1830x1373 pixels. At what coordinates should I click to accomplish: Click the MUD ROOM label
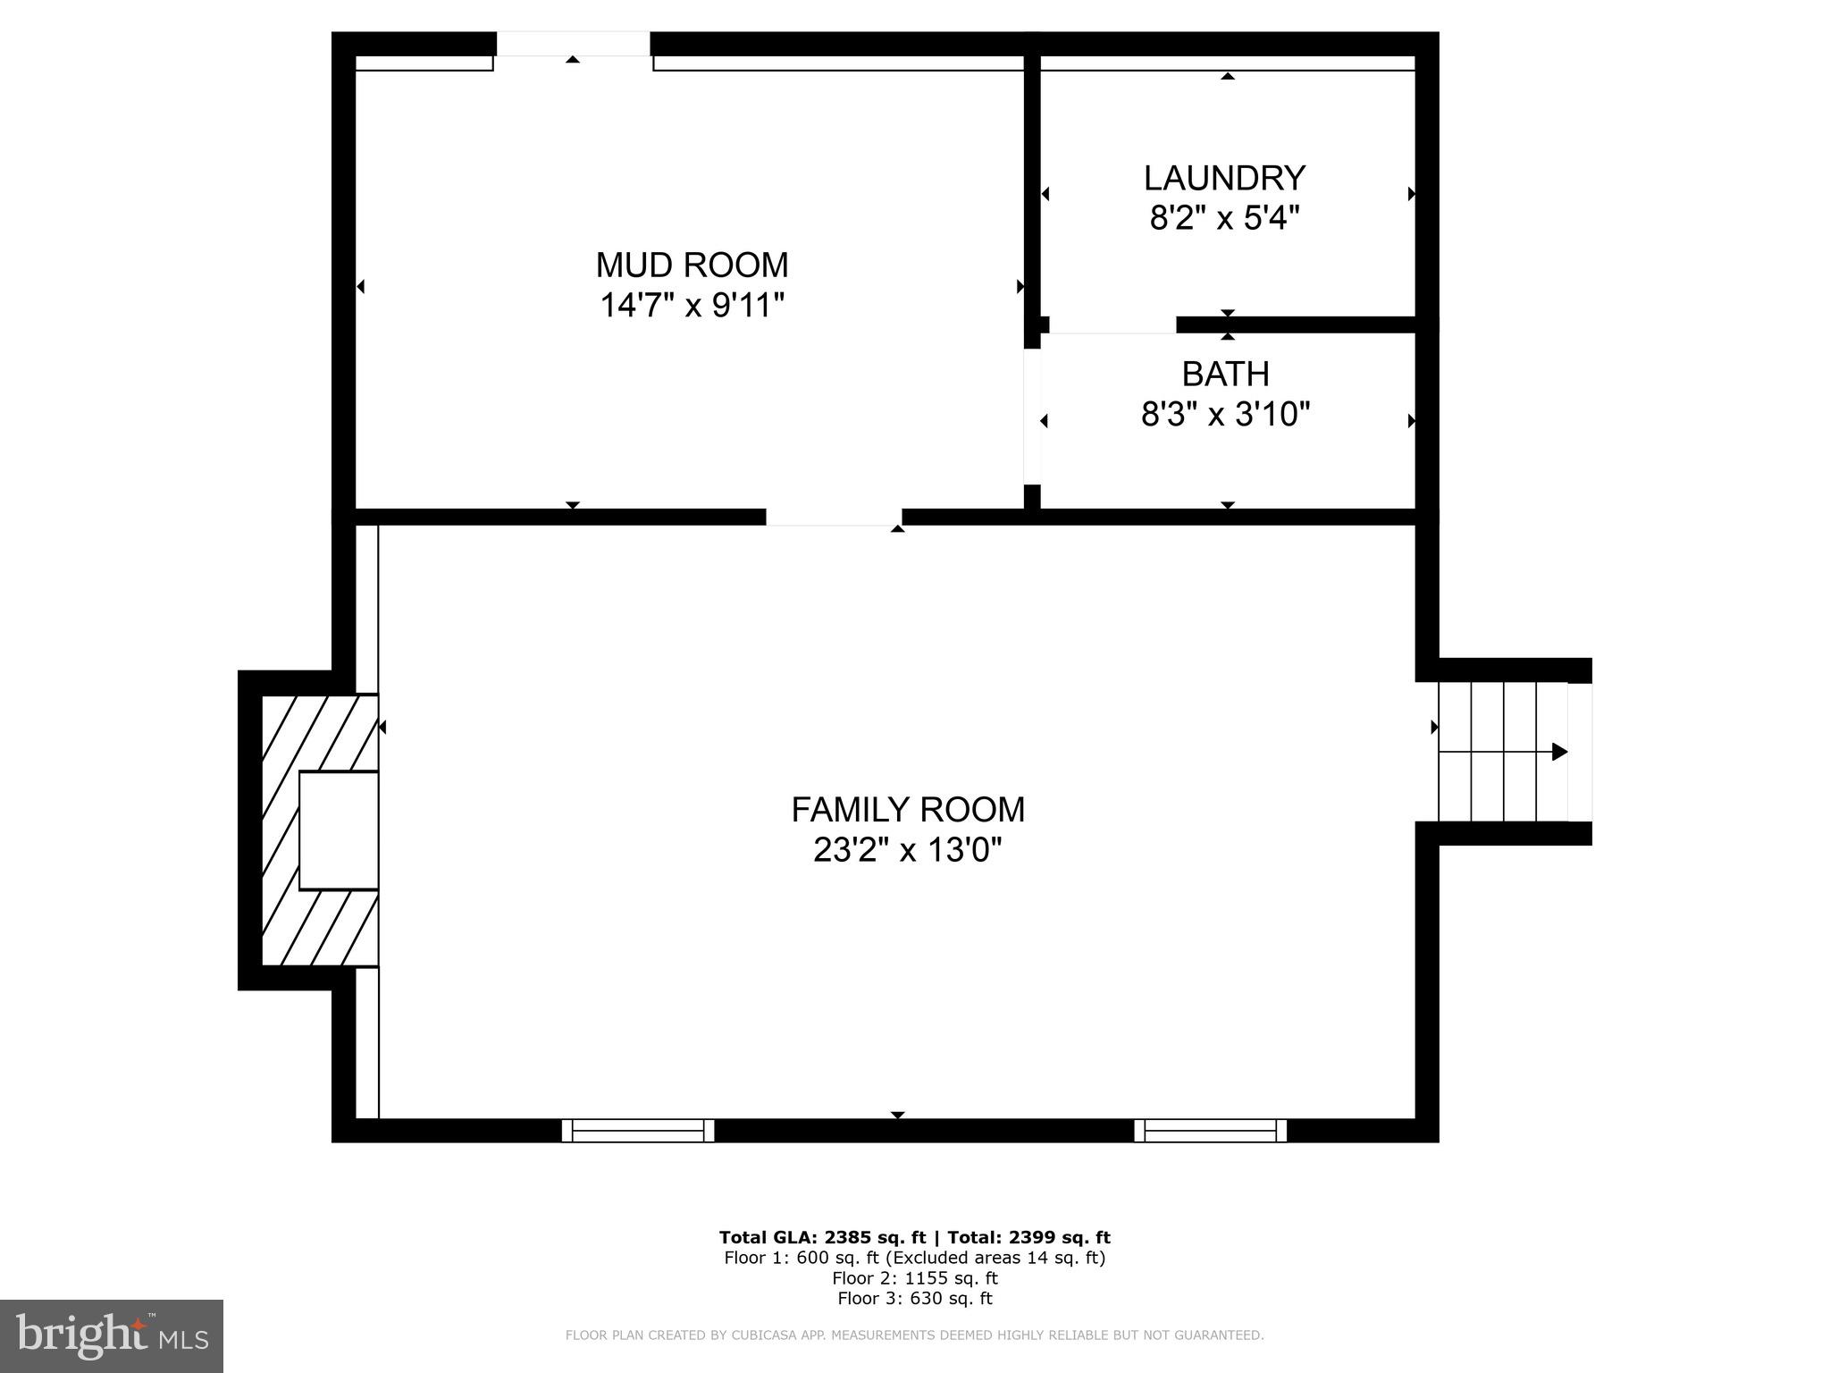click(x=692, y=265)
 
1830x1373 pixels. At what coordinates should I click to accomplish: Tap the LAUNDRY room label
click(x=1224, y=178)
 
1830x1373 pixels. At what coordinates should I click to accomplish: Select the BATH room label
click(x=1225, y=374)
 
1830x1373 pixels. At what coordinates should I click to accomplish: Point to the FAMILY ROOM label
click(x=908, y=810)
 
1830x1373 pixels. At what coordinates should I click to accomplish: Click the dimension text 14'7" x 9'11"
click(x=692, y=306)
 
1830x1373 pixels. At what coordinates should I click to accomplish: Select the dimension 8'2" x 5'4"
click(x=1224, y=218)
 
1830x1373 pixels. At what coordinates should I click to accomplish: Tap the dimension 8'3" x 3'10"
click(x=1225, y=415)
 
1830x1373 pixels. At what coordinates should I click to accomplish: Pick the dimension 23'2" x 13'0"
click(x=908, y=850)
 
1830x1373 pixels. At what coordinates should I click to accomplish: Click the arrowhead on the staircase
click(x=1559, y=752)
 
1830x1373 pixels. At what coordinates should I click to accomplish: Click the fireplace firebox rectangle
click(x=338, y=830)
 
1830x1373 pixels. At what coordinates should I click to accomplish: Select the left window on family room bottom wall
click(x=638, y=1131)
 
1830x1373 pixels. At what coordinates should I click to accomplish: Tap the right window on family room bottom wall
click(x=1211, y=1131)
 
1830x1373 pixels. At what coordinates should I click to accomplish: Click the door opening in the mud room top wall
click(x=573, y=44)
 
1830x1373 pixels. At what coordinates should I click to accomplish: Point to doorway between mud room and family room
click(x=834, y=517)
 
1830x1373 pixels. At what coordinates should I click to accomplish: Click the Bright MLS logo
click(x=112, y=1335)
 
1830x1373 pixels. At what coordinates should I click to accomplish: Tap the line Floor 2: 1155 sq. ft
click(x=914, y=1278)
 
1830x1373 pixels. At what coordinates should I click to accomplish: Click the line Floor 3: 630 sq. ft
click(x=914, y=1299)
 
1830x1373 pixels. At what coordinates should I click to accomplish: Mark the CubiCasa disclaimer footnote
click(x=914, y=1335)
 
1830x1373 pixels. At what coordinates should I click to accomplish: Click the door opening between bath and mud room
click(x=1032, y=417)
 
